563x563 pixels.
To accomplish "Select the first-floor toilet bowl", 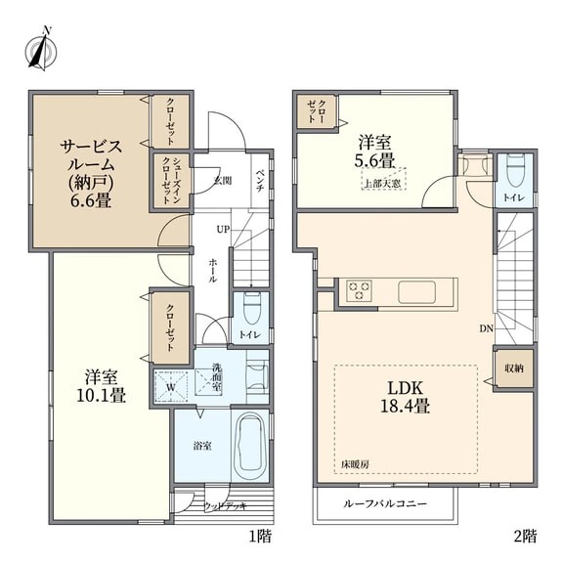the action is [x=251, y=308].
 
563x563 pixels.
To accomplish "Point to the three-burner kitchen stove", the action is [x=359, y=290].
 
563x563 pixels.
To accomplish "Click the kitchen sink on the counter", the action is [x=416, y=291].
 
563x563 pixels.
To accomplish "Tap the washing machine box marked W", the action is [x=171, y=387].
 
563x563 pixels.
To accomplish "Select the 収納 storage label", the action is [x=514, y=368].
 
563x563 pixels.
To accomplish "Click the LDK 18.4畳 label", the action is [x=405, y=397].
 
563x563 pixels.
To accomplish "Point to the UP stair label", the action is [x=223, y=229].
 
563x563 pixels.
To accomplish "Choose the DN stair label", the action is [x=486, y=328].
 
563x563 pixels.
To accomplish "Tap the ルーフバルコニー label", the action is [x=385, y=503].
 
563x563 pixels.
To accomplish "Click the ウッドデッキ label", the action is [x=226, y=506].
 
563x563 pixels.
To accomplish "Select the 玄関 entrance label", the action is [x=223, y=181].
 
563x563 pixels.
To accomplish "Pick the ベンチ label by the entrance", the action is [x=260, y=181].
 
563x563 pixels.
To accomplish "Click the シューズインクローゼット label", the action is [x=170, y=181].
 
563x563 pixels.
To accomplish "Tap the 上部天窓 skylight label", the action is [x=383, y=184].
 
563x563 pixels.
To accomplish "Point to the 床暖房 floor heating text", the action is [x=355, y=464].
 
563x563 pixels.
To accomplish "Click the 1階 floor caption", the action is [x=260, y=537].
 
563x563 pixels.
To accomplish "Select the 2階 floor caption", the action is [x=526, y=537].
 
